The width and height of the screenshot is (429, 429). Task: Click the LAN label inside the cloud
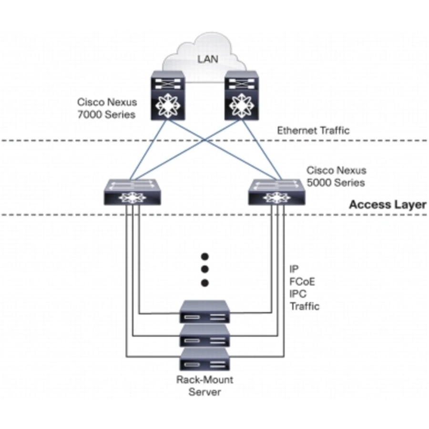click(x=208, y=59)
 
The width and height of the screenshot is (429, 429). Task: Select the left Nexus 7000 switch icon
click(x=168, y=95)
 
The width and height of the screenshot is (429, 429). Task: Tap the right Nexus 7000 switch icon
click(x=242, y=95)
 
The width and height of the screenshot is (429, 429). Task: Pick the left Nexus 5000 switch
click(x=133, y=192)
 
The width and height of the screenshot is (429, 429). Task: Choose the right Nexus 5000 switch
click(x=276, y=192)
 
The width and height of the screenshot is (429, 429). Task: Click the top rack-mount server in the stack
click(x=204, y=312)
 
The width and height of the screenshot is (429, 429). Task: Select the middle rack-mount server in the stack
click(x=204, y=336)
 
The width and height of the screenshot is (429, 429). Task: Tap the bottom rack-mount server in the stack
click(x=204, y=359)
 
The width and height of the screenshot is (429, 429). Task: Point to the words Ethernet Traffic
click(x=313, y=131)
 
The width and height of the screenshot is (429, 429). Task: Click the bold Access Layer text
click(x=388, y=204)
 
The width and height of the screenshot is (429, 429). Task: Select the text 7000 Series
click(x=106, y=114)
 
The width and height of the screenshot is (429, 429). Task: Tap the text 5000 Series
click(x=336, y=183)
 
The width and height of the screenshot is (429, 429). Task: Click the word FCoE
click(x=302, y=282)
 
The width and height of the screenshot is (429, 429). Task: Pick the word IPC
click(x=298, y=294)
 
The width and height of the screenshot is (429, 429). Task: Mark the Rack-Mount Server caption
click(x=204, y=386)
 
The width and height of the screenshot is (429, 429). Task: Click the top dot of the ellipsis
click(x=205, y=256)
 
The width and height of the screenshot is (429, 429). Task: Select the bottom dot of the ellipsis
click(x=205, y=283)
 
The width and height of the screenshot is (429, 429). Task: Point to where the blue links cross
click(x=205, y=140)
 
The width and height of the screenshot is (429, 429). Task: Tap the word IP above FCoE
click(x=294, y=269)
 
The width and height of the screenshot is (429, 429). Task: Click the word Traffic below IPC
click(x=305, y=306)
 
